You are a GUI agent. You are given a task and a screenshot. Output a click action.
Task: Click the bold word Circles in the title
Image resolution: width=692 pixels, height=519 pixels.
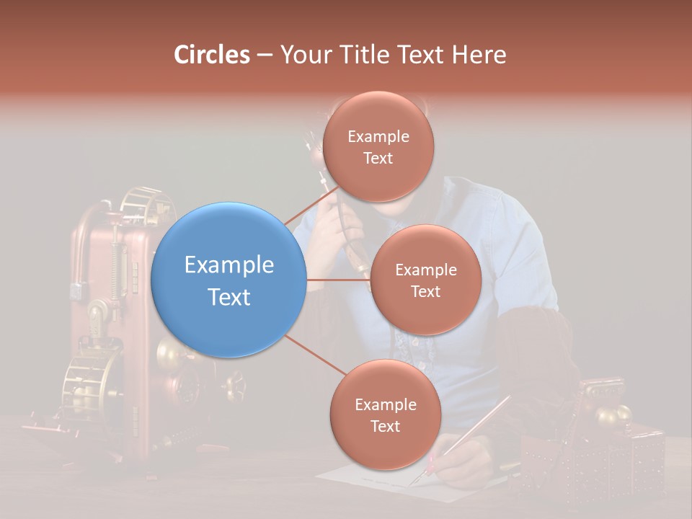(211, 55)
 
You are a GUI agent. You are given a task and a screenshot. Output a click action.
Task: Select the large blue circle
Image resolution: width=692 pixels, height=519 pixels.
(229, 280)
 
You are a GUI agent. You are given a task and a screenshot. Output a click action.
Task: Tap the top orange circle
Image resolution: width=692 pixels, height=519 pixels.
(378, 146)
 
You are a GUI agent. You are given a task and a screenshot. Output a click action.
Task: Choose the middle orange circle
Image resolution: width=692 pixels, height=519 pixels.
(425, 280)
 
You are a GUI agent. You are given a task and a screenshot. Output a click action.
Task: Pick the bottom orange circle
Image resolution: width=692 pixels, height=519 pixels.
(385, 414)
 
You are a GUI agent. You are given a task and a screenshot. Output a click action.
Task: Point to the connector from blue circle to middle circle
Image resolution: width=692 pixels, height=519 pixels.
(337, 280)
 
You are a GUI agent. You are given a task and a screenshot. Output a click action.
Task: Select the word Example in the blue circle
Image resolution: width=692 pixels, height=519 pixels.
(229, 265)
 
